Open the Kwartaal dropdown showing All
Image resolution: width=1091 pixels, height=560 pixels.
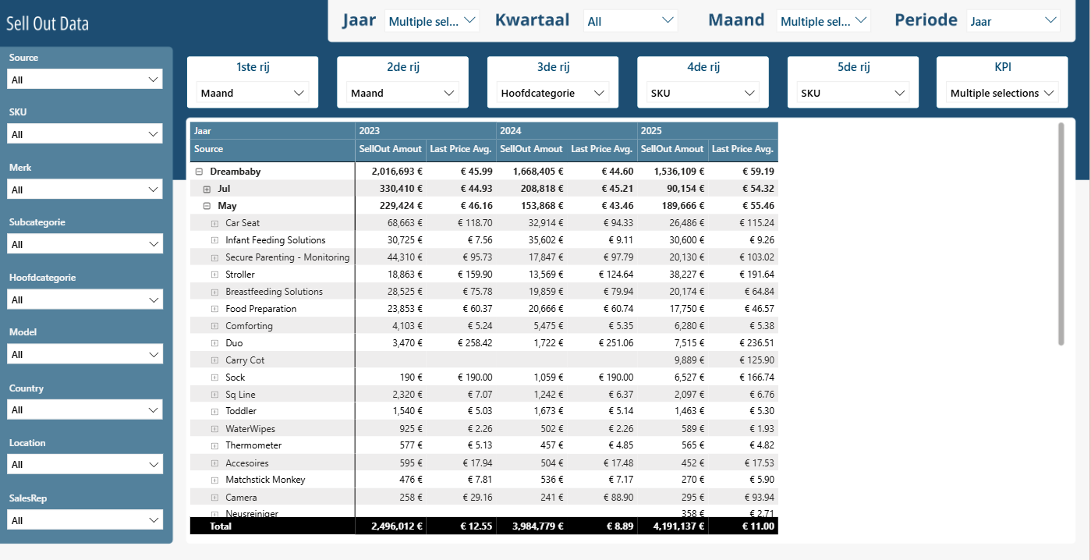[x=630, y=21]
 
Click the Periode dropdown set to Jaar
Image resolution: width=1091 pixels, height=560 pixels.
[x=1013, y=21]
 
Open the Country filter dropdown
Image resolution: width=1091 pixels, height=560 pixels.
[x=85, y=409]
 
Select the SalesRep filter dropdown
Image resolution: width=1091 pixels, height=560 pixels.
[x=85, y=519]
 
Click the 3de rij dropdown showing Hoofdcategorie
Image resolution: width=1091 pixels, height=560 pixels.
[x=552, y=93]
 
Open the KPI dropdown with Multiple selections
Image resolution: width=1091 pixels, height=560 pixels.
[x=1002, y=93]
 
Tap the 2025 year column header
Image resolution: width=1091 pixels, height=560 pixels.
[x=651, y=130]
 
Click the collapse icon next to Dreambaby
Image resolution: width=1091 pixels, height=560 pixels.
[x=199, y=172]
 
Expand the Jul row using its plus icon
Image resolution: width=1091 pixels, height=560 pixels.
[x=207, y=189]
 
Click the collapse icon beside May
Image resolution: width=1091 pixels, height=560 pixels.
[x=207, y=206]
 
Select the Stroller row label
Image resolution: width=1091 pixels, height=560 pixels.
[x=240, y=275]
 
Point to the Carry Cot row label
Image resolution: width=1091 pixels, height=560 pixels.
[x=245, y=360]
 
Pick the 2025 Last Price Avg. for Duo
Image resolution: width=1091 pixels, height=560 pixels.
[x=756, y=343]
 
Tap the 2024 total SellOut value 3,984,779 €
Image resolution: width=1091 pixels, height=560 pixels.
[x=538, y=526]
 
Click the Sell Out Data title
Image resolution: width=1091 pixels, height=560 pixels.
[x=48, y=23]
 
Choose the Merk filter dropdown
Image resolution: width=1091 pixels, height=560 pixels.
[x=85, y=189]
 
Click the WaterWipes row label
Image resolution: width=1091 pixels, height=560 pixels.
[x=250, y=428]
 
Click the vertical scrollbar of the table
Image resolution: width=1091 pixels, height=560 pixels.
[x=1061, y=234]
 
